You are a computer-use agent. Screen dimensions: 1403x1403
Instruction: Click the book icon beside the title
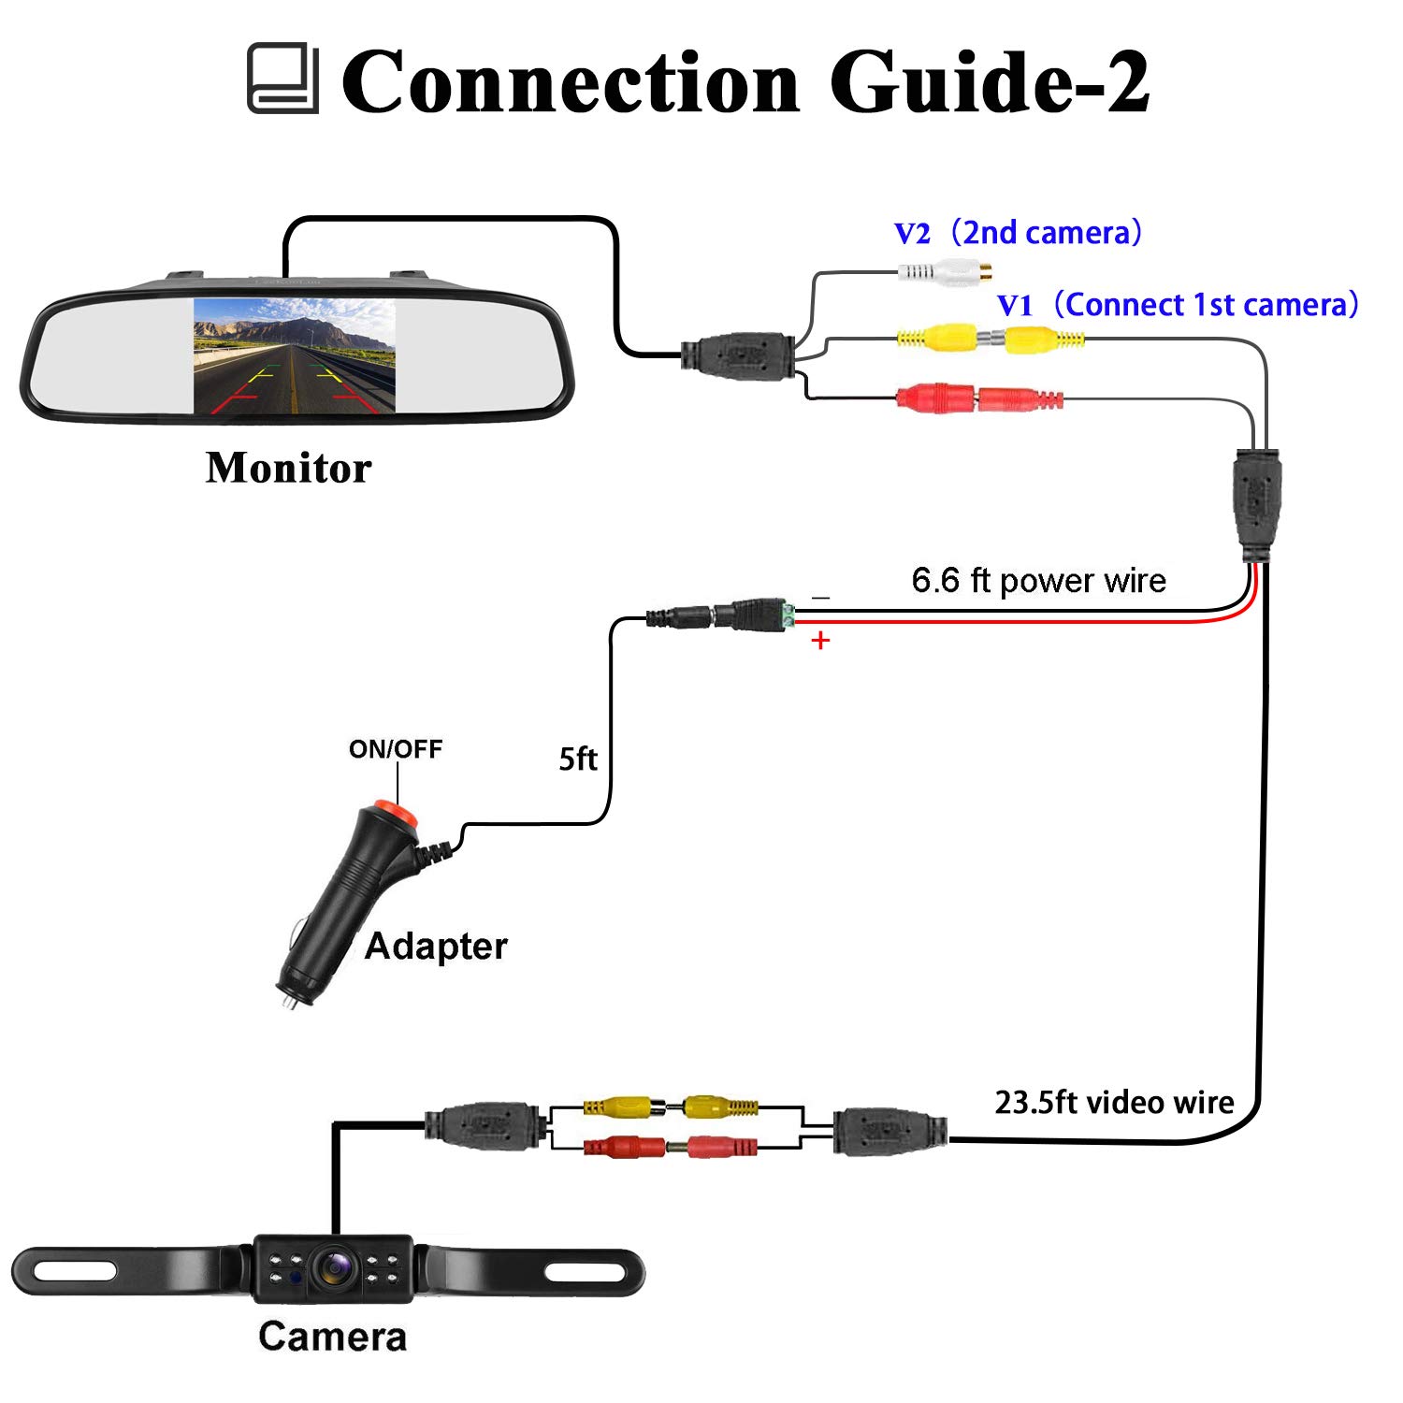coord(282,79)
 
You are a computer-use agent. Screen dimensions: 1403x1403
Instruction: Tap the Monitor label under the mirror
coord(288,468)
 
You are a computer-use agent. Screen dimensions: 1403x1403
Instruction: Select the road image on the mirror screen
coord(295,356)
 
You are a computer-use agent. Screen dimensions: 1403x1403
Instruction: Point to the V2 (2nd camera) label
coord(1018,233)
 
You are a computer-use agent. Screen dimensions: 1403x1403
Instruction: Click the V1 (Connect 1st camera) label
coord(1177,305)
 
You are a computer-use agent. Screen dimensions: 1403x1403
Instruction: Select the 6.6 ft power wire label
coord(1038,581)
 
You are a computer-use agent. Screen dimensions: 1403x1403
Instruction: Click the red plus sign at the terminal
coord(820,640)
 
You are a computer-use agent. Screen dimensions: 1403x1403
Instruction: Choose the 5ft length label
coord(577,759)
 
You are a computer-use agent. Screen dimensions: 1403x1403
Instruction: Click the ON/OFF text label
coord(395,749)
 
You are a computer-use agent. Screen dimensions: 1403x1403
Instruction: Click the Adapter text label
coord(436,947)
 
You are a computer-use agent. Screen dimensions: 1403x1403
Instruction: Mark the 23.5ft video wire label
coord(1113,1103)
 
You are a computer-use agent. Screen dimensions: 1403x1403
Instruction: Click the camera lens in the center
coord(332,1269)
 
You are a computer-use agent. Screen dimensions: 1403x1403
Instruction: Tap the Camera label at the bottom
coord(332,1337)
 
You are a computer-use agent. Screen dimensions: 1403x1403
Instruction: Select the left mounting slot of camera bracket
coord(76,1271)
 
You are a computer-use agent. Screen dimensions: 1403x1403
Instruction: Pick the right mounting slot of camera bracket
coord(585,1272)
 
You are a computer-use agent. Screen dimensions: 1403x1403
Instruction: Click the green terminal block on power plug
coord(789,615)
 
